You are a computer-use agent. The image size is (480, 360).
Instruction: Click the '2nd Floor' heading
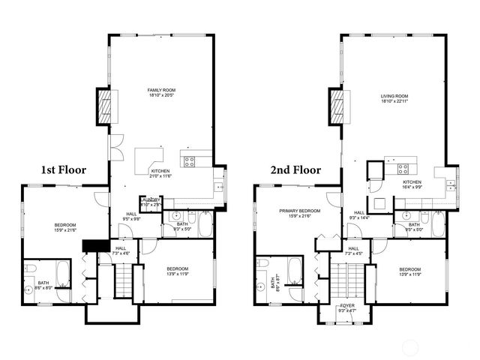coord(295,170)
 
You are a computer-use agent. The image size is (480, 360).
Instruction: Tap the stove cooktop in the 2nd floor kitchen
coord(403,169)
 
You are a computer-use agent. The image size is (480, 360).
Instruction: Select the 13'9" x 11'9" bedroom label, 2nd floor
coord(409,271)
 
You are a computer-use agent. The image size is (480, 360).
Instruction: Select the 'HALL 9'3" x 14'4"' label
coord(359,216)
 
